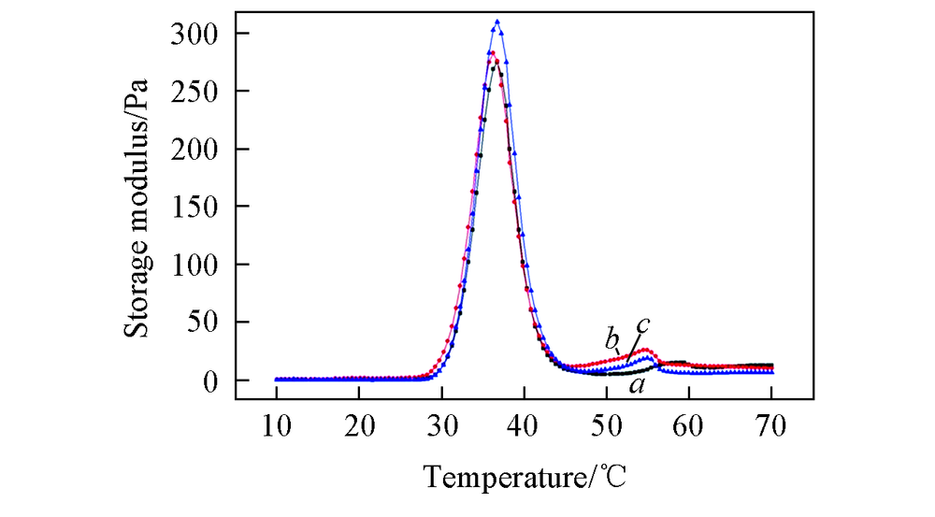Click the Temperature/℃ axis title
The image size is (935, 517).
526,479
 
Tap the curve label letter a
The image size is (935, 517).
636,383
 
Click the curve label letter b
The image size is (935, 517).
611,338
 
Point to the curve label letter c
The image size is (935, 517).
643,324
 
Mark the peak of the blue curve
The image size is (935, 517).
497,21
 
